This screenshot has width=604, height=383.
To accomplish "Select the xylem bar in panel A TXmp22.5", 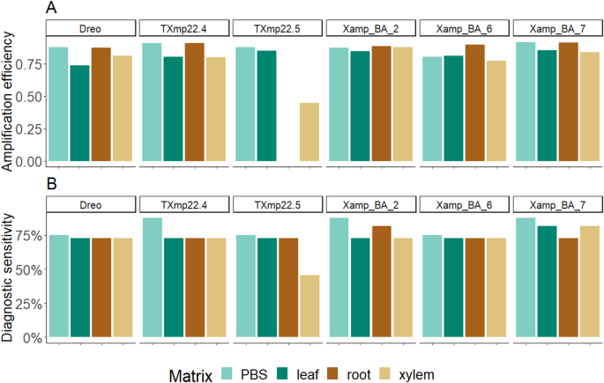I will pyautogui.click(x=309, y=132).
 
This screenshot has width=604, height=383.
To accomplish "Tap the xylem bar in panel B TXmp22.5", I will pyautogui.click(x=309, y=306).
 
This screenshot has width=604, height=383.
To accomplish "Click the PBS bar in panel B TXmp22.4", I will pyautogui.click(x=152, y=277).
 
